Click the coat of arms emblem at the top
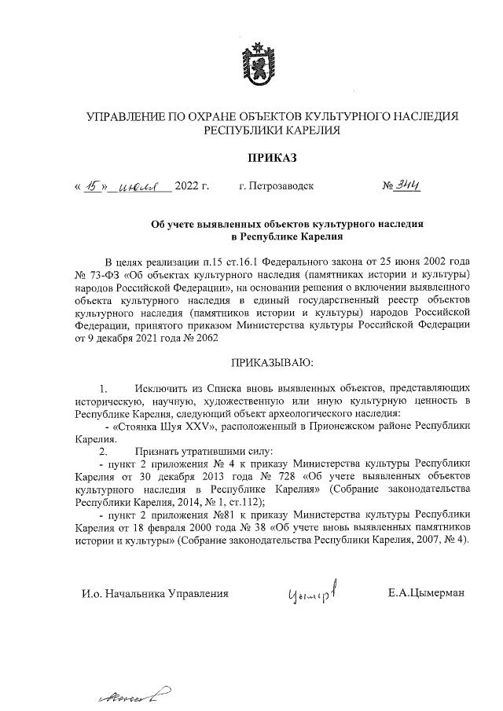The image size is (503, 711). pyautogui.click(x=251, y=61)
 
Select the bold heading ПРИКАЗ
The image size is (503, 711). pyautogui.click(x=272, y=158)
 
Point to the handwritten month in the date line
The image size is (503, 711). pyautogui.click(x=144, y=188)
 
